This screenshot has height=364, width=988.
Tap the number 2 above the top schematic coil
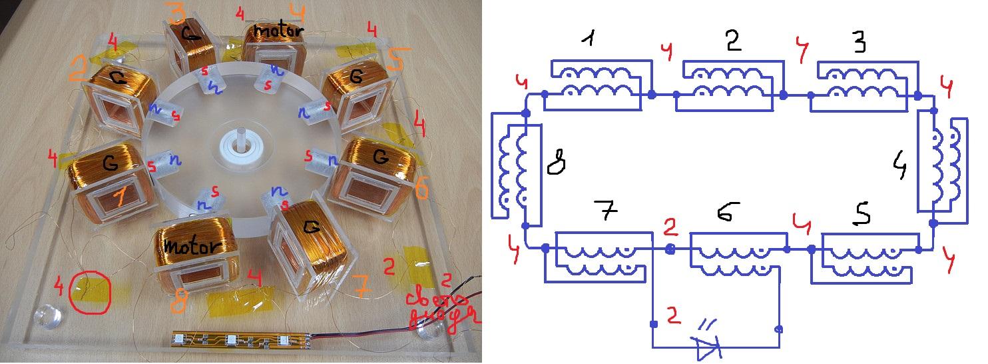click(733, 42)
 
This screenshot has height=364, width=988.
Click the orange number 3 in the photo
click(178, 13)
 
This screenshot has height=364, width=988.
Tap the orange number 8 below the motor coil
click(177, 305)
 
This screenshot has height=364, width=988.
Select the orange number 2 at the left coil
click(78, 68)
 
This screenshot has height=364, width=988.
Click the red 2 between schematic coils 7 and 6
click(670, 229)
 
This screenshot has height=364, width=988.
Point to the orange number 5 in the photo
click(394, 62)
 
